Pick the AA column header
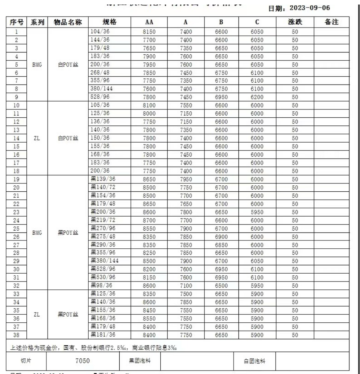coord(149,23)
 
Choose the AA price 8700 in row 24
coord(149,220)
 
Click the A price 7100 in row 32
coord(186,286)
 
